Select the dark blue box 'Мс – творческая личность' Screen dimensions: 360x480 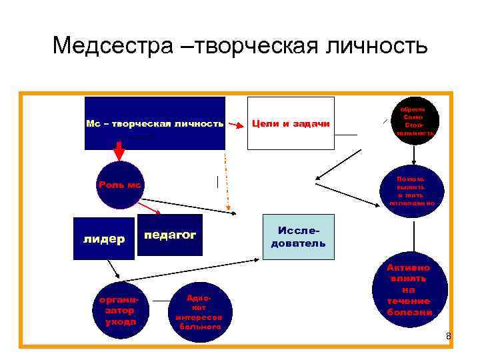[155, 123]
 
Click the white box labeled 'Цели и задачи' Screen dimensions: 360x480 [290, 123]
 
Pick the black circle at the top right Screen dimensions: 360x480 [416, 121]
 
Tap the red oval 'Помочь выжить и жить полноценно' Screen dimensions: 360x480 [415, 191]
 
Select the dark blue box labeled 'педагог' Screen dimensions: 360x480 [170, 235]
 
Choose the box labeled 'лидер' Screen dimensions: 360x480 [103, 239]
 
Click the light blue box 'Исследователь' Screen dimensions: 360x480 [298, 237]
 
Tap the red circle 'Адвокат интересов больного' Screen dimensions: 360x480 [198, 313]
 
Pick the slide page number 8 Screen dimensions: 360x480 [449, 336]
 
